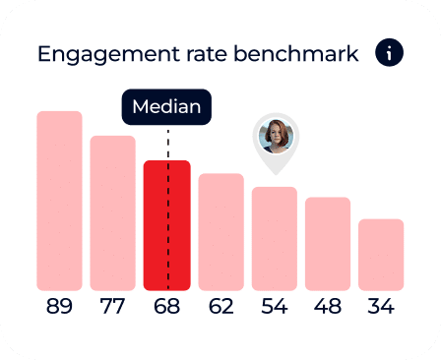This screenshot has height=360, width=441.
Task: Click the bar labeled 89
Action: coord(59,201)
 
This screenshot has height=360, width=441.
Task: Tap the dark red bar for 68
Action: coord(166,225)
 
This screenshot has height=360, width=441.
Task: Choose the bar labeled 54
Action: coord(274,238)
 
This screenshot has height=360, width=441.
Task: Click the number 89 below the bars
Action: coord(59,307)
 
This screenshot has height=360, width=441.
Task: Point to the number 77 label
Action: coord(112,307)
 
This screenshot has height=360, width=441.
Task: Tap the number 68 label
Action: coord(166,307)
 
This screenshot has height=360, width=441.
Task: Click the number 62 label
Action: coord(220,307)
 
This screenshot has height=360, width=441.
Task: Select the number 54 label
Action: coord(274,307)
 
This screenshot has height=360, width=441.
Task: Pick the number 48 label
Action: coord(328,307)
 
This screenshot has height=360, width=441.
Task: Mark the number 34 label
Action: coord(381,307)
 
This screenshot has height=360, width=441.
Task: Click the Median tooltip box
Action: coord(166,107)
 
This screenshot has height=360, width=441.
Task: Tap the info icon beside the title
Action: coord(389,53)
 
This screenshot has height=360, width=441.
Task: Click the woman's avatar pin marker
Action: coord(275,137)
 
